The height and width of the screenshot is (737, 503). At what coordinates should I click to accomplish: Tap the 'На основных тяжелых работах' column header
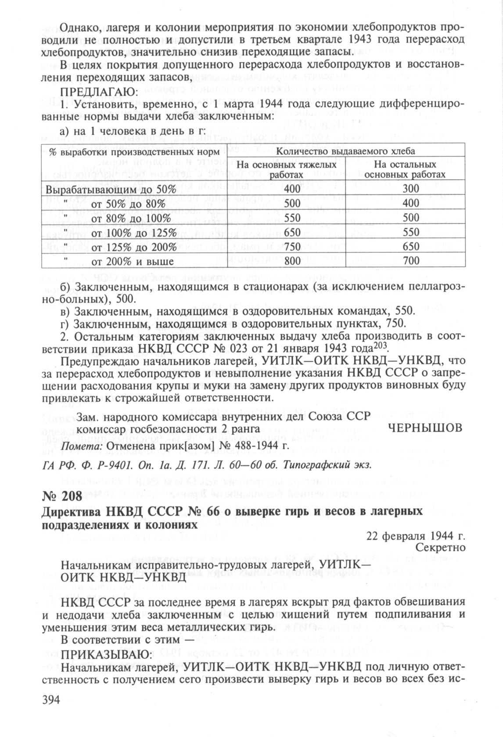pyautogui.click(x=287, y=169)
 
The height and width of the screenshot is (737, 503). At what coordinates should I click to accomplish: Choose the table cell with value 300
pyautogui.click(x=411, y=190)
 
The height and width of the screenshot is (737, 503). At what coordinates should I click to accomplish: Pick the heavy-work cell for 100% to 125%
pyautogui.click(x=292, y=233)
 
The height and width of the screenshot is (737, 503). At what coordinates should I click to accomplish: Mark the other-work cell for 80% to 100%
pyautogui.click(x=411, y=218)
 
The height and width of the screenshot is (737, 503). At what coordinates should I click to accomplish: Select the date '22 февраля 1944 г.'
pyautogui.click(x=416, y=536)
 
